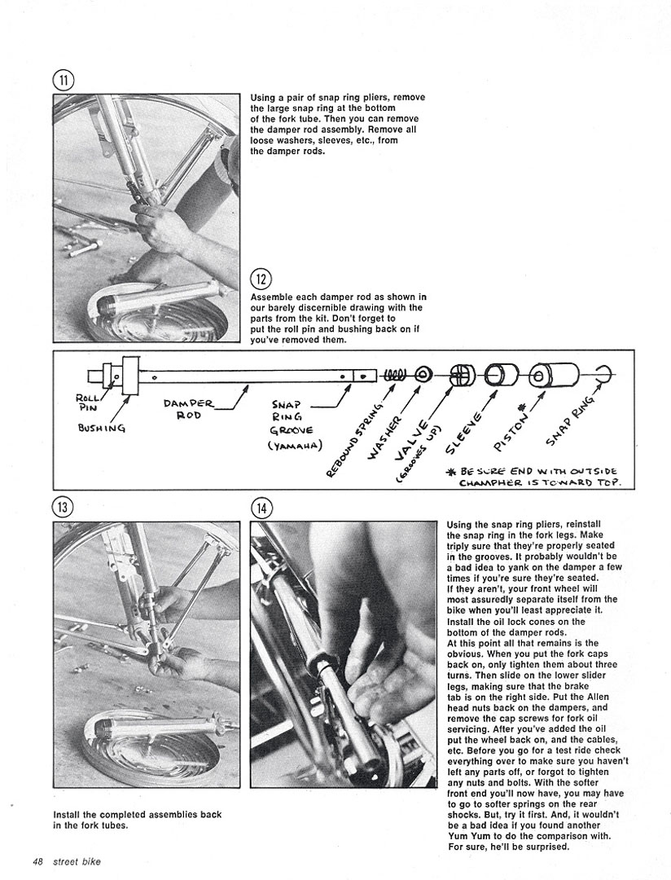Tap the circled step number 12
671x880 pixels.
click(x=261, y=279)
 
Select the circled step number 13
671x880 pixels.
click(x=64, y=507)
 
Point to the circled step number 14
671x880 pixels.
click(x=261, y=507)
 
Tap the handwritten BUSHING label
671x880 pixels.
click(x=101, y=426)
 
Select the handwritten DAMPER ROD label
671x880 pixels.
click(x=187, y=407)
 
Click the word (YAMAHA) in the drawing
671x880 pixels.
click(x=295, y=445)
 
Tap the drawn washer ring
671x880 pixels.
click(x=423, y=375)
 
